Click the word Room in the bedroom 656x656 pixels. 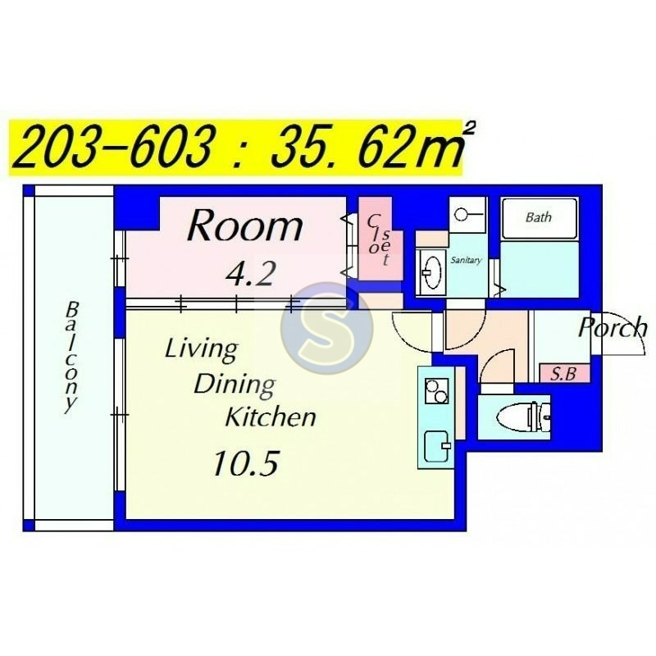[245, 226]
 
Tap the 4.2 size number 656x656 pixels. [250, 275]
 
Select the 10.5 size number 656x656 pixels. [245, 463]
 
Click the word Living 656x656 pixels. [202, 350]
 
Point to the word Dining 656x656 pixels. [235, 385]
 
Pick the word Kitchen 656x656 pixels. [271, 417]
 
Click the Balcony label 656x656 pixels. [71, 357]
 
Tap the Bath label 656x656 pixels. [539, 217]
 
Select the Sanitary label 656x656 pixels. [466, 260]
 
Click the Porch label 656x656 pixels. [613, 327]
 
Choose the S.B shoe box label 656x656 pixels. [563, 374]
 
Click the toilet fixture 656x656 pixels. [523, 417]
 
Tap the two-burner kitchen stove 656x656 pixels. [436, 391]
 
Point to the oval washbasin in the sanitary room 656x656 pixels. [430, 272]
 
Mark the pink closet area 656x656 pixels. [380, 239]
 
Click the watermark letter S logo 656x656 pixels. [326, 328]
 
